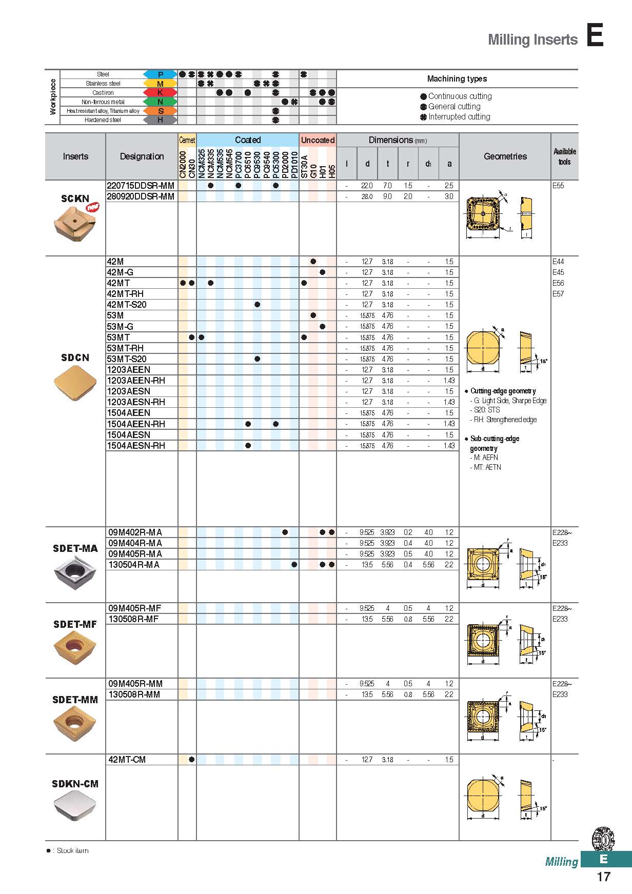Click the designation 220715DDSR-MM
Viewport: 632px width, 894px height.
tap(141, 186)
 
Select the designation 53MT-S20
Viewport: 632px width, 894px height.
tap(127, 359)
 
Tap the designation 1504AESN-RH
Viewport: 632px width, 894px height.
tap(136, 446)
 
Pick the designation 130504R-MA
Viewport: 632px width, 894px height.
tap(134, 565)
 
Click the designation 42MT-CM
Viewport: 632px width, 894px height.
tap(127, 760)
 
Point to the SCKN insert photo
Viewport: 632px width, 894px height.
tap(75, 223)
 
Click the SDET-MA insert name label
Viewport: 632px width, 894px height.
tap(75, 548)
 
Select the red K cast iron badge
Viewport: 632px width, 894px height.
tap(160, 93)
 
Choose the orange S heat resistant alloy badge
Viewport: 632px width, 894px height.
tap(160, 111)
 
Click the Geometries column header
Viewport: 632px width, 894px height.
tap(505, 156)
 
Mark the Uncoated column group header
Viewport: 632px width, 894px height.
tap(318, 140)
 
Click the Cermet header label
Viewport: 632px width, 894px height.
tap(187, 140)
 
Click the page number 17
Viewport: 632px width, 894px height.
tap(604, 877)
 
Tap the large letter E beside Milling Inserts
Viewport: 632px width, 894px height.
tap(595, 36)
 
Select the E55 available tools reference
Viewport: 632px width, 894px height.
tap(558, 186)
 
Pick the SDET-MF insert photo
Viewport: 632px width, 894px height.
tap(75, 647)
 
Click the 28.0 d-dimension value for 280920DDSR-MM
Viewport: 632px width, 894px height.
tap(367, 196)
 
